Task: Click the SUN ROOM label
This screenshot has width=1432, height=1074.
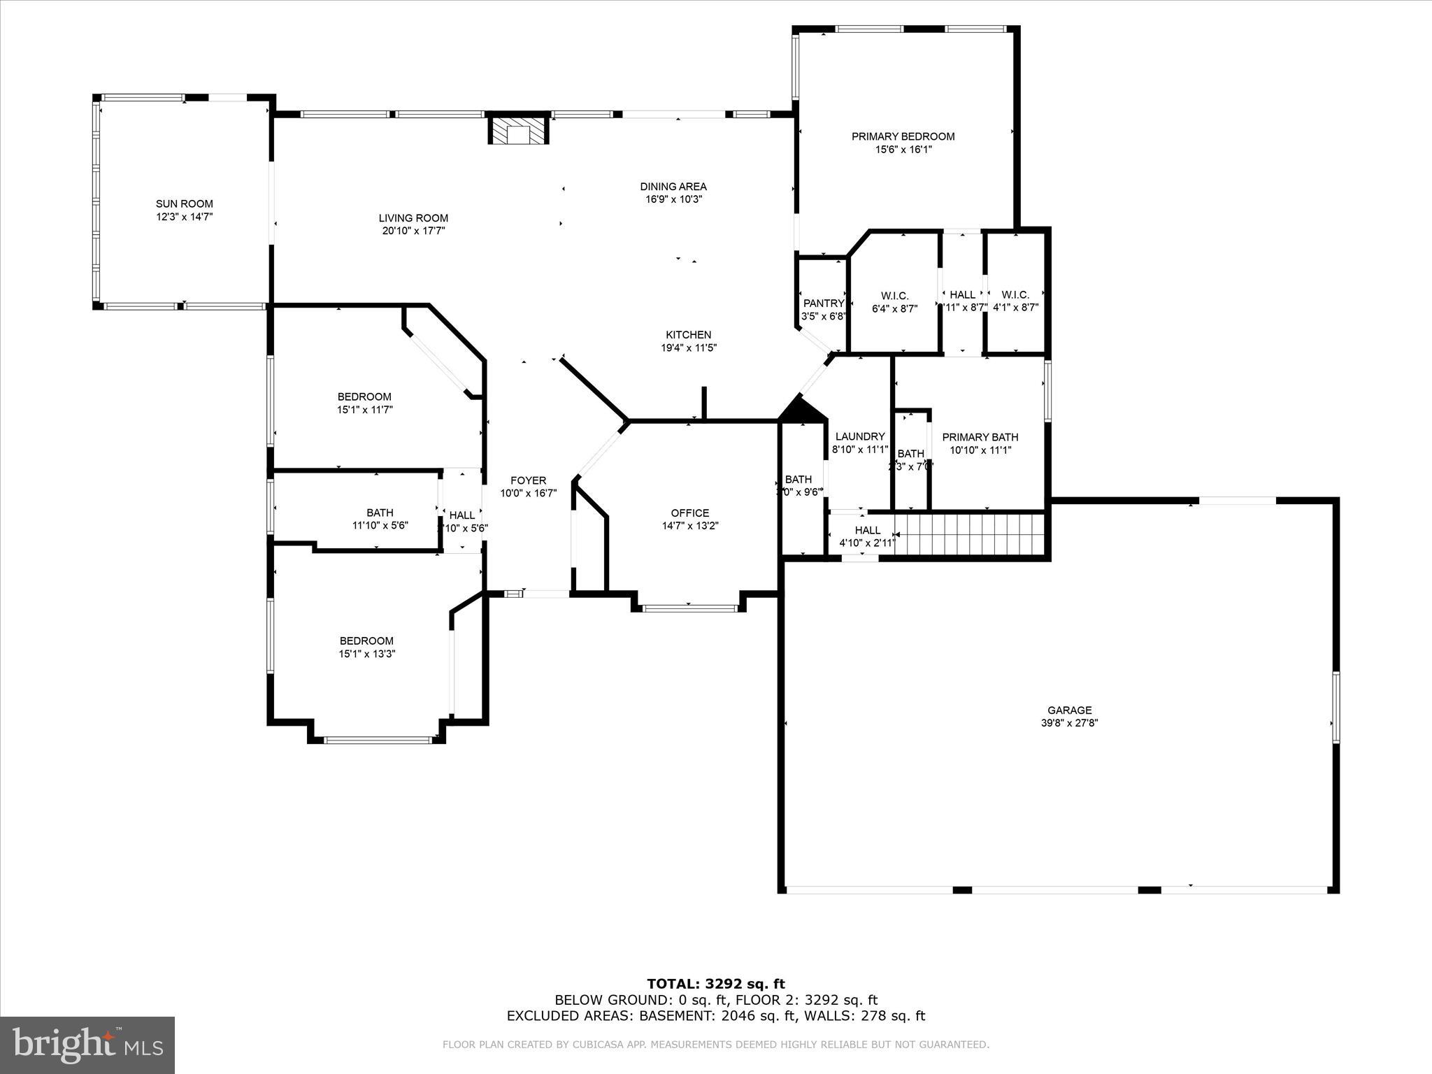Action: tap(184, 204)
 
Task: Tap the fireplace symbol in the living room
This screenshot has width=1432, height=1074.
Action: tap(518, 131)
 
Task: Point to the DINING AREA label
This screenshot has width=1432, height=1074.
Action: tap(673, 187)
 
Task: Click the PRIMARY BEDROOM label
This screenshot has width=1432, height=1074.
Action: tap(903, 136)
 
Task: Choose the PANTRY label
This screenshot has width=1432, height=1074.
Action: tap(824, 303)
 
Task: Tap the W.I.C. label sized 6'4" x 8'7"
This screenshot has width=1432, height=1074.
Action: tap(894, 296)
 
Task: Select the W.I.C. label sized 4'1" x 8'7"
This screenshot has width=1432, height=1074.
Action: tap(1015, 295)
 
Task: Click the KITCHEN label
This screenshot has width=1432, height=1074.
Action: tap(688, 335)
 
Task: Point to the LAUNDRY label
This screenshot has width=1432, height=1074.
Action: tap(860, 436)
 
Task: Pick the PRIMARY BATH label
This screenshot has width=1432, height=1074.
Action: tap(980, 438)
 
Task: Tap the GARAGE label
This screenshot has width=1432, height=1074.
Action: tap(1069, 710)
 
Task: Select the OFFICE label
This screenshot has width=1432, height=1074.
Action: tap(689, 513)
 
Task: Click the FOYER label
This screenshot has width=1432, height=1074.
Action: tap(528, 480)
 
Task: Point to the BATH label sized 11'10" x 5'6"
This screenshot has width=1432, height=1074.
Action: tap(380, 513)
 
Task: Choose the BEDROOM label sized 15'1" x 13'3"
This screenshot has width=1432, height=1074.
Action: tap(366, 640)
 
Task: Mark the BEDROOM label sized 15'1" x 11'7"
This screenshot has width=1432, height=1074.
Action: tap(364, 396)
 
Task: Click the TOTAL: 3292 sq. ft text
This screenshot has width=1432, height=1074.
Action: tap(715, 984)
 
